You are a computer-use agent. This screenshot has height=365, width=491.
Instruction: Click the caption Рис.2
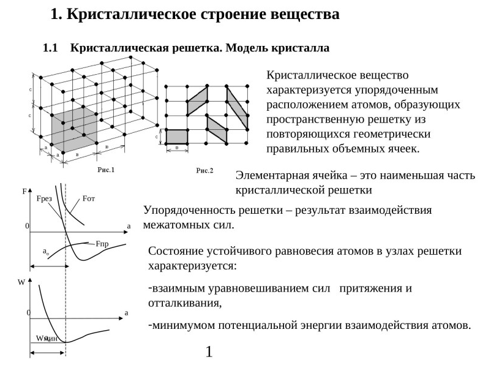[204, 170]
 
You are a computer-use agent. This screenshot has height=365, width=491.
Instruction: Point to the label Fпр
[102, 244]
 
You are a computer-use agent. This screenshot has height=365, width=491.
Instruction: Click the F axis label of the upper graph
[24, 192]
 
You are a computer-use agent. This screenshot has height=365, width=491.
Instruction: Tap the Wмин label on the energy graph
[47, 339]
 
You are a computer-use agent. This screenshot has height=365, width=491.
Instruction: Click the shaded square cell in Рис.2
[177, 136]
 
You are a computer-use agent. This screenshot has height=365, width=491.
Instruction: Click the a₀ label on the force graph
[46, 251]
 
